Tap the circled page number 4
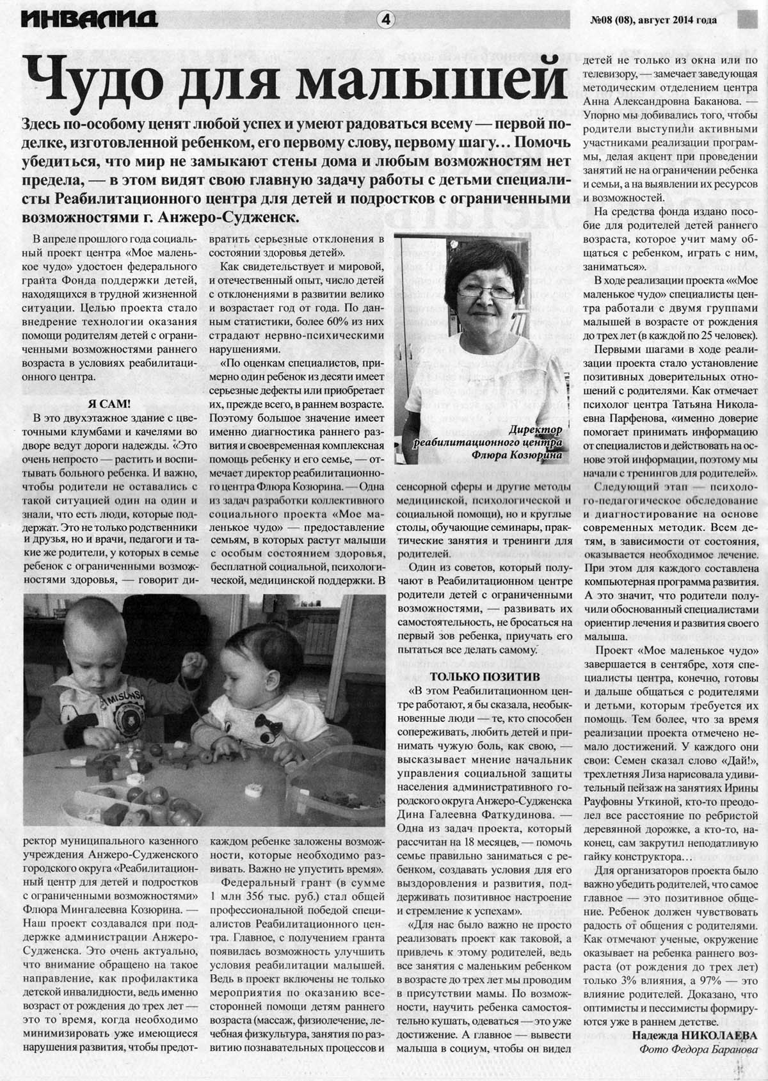386,19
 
